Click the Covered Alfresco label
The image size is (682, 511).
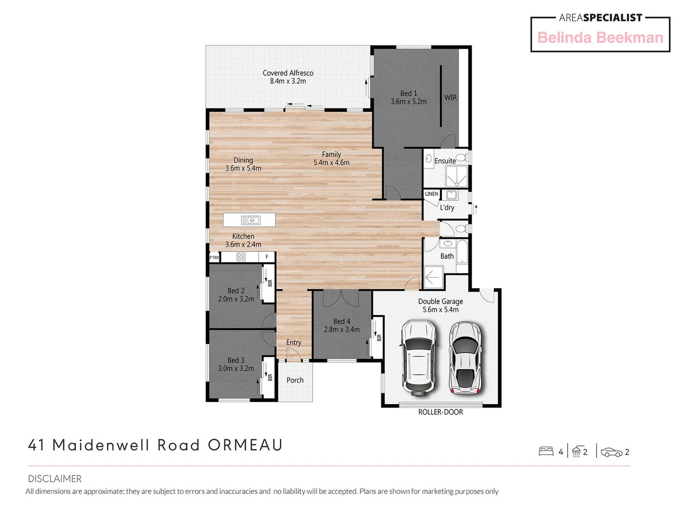(x=288, y=77)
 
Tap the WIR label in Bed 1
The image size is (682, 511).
(x=450, y=97)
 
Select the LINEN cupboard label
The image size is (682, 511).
(x=431, y=194)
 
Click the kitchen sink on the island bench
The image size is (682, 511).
(x=251, y=220)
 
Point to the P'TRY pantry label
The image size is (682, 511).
(x=214, y=257)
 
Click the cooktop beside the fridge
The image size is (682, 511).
(x=241, y=257)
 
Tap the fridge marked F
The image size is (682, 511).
(x=267, y=257)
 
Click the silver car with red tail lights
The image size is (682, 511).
(x=465, y=358)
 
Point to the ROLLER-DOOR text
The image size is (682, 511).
(x=440, y=412)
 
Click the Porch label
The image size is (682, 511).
(x=295, y=380)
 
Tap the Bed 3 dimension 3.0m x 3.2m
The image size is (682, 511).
(x=236, y=369)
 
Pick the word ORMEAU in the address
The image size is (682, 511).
(x=245, y=445)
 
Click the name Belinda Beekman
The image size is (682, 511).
(x=600, y=38)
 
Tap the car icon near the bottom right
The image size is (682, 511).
(x=611, y=452)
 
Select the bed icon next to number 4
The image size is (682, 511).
(x=546, y=451)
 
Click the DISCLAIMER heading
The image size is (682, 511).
(x=54, y=479)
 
